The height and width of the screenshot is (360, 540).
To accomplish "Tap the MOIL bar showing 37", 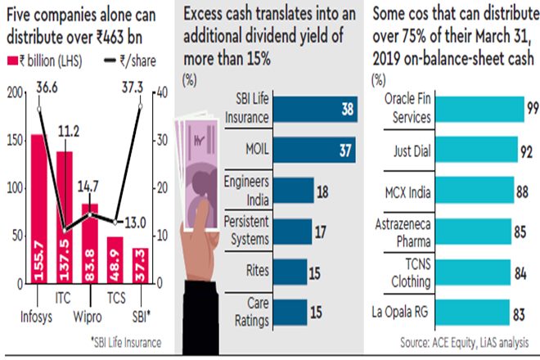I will pyautogui.click(x=314, y=151).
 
